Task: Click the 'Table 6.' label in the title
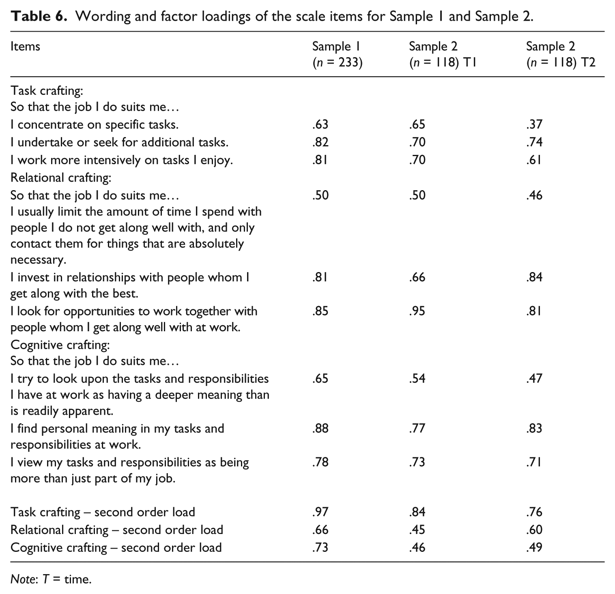39,17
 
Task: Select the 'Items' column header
25,46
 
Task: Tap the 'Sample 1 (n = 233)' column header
337,54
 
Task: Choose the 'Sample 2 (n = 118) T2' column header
561,54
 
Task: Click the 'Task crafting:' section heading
47,90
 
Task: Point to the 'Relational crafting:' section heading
61,178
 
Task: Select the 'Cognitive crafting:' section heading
60,345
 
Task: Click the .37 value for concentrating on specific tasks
534,124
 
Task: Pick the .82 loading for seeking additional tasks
320,142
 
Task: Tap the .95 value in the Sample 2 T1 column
417,311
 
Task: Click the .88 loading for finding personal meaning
320,428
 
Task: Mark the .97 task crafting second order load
320,512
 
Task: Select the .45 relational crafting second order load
417,530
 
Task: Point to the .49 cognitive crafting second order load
534,547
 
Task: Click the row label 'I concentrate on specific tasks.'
95,124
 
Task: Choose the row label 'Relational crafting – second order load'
117,530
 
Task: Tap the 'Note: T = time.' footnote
51,579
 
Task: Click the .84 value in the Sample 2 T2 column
534,277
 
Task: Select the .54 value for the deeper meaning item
417,378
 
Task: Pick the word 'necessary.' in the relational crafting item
39,260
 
